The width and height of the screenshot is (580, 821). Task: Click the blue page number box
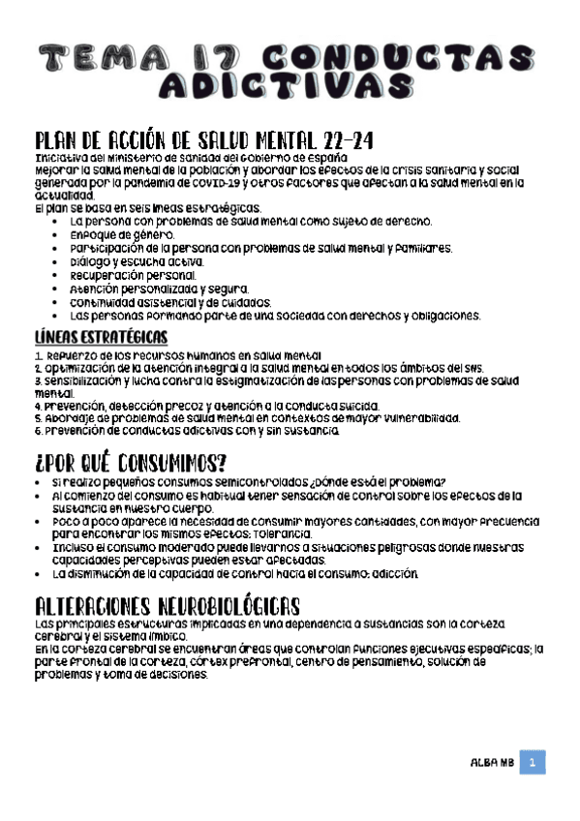[533, 763]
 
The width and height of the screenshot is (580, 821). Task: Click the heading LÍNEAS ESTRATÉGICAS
[101, 338]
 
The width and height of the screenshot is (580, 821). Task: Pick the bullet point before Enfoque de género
[61, 235]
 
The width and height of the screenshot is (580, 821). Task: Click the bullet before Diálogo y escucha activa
[61, 261]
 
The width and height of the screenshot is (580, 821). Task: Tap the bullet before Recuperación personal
[61, 275]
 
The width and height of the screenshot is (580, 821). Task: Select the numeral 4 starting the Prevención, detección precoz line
[37, 406]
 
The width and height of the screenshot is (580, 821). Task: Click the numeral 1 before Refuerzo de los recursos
[37, 356]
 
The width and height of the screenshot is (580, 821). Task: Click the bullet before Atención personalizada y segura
[61, 289]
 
